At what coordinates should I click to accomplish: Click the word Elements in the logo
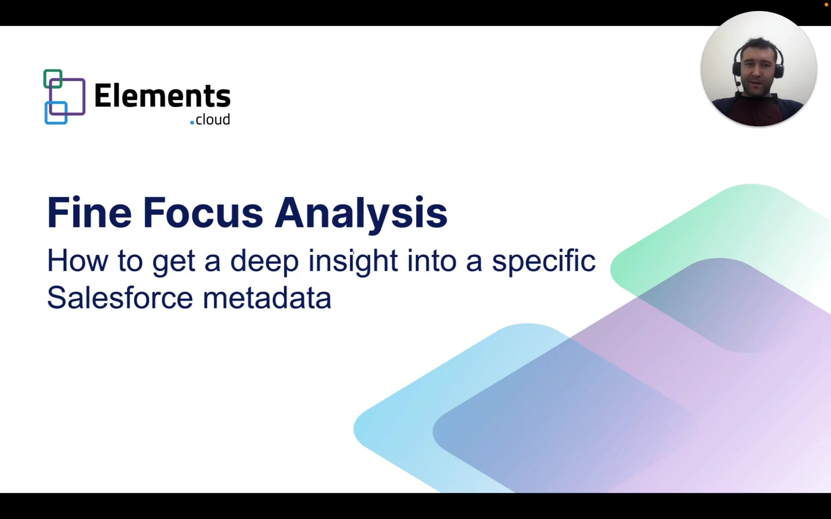(162, 96)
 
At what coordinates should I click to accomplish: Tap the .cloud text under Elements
(212, 119)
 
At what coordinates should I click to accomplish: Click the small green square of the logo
(53, 79)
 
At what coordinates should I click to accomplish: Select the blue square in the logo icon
(56, 113)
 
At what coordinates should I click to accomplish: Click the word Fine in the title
(89, 212)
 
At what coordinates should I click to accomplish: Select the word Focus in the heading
(203, 212)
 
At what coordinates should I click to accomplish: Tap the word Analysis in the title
(361, 212)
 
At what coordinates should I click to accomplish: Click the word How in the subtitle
(77, 261)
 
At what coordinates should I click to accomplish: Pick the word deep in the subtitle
(264, 261)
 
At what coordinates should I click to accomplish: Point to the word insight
(353, 261)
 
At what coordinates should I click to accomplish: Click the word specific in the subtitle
(543, 261)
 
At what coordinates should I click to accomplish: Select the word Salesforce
(120, 297)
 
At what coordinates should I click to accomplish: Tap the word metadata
(267, 297)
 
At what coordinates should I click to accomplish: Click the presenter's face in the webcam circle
(756, 71)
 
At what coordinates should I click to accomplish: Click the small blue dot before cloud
(192, 123)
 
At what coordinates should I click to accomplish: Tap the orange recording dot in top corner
(826, 4)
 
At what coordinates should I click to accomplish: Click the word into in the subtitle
(431, 261)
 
